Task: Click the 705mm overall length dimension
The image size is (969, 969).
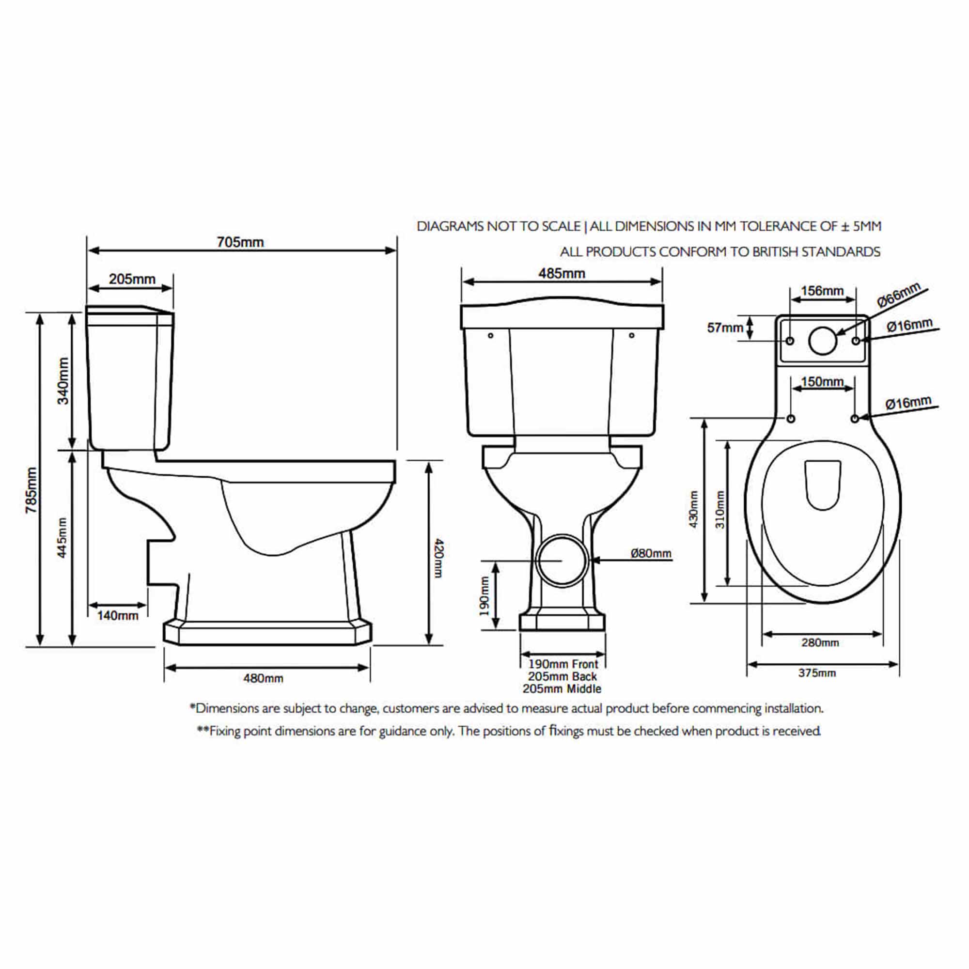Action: point(240,242)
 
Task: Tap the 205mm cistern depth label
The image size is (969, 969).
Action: point(132,280)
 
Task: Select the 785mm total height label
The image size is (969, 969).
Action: point(31,490)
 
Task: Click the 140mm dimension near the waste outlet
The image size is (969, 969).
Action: point(117,615)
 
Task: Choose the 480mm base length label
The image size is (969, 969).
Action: point(263,679)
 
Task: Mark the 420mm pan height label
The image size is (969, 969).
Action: point(438,558)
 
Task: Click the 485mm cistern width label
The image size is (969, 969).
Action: point(561,273)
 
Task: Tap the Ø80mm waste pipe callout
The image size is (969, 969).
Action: point(651,553)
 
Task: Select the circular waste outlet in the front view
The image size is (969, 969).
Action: point(562,561)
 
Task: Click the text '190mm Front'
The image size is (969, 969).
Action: point(563,664)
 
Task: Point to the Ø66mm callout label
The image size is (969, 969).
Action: point(898,295)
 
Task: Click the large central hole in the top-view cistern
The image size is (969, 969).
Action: point(823,341)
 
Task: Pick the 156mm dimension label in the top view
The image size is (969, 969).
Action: point(822,291)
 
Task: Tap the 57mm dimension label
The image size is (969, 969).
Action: point(724,328)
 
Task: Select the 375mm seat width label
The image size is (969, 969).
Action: point(817,673)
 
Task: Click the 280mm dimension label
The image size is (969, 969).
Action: point(820,642)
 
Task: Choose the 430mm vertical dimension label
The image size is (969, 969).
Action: point(694,509)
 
